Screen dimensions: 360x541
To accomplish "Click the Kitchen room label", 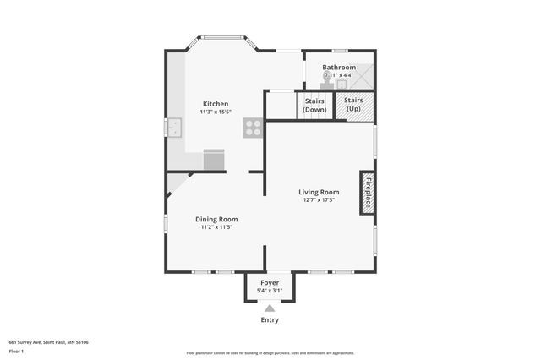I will pos(215,104).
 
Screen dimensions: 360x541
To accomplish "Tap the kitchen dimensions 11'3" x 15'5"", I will pos(215,112).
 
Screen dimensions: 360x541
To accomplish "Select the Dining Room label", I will pos(216,219).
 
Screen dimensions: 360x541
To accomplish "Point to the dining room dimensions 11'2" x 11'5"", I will pos(216,226).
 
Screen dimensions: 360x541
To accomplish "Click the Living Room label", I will pos(319,192).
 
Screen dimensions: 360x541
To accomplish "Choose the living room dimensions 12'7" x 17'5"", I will pos(319,200).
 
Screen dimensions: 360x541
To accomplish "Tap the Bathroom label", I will pos(339,67).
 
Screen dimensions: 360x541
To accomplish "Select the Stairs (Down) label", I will pos(315,105).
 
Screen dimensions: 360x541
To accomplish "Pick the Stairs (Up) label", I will pos(354,105).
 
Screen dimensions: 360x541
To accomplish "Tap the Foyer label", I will pos(270,282).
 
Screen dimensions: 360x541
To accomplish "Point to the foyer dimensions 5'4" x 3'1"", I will pos(270,291).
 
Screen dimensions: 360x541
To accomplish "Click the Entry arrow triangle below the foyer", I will pos(270,308).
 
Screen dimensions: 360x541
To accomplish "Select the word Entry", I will pos(270,320).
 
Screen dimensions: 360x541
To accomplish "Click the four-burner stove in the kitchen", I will pos(253,128).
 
